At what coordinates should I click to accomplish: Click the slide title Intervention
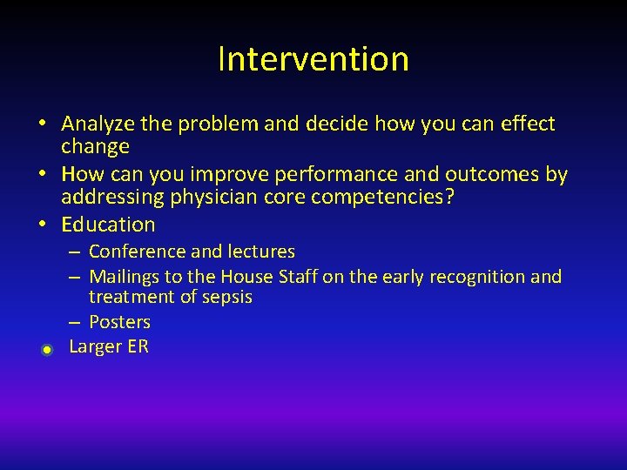point(313,59)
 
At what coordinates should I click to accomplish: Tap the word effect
point(526,124)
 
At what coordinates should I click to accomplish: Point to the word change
point(95,146)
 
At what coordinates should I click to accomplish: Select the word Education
point(108,225)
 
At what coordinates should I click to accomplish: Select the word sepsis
point(227,298)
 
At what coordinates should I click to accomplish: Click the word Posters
point(119,322)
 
